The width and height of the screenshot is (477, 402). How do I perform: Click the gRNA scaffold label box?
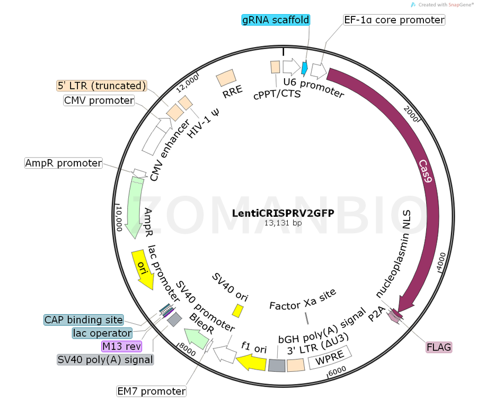tap(275, 20)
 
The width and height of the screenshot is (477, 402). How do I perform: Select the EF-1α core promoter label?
tap(394, 20)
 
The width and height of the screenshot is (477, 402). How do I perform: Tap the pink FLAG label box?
tap(439, 348)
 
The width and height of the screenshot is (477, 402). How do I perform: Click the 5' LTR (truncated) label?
tap(101, 86)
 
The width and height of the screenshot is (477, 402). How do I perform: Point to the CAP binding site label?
tap(84, 320)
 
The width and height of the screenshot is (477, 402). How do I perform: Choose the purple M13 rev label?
tap(122, 346)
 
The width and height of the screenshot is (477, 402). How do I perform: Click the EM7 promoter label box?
tap(152, 391)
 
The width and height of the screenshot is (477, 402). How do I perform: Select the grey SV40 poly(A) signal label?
tap(105, 360)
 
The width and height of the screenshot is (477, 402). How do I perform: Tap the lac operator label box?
tap(102, 333)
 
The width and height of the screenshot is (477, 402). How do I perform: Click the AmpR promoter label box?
tap(64, 163)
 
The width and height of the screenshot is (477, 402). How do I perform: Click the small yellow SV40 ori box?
tap(238, 310)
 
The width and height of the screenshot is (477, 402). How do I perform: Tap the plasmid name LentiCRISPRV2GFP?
tap(283, 213)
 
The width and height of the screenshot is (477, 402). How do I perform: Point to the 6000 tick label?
tap(337, 371)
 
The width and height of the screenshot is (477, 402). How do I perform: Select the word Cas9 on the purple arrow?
tap(427, 171)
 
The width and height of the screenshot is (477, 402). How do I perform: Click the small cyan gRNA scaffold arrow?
tap(305, 68)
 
